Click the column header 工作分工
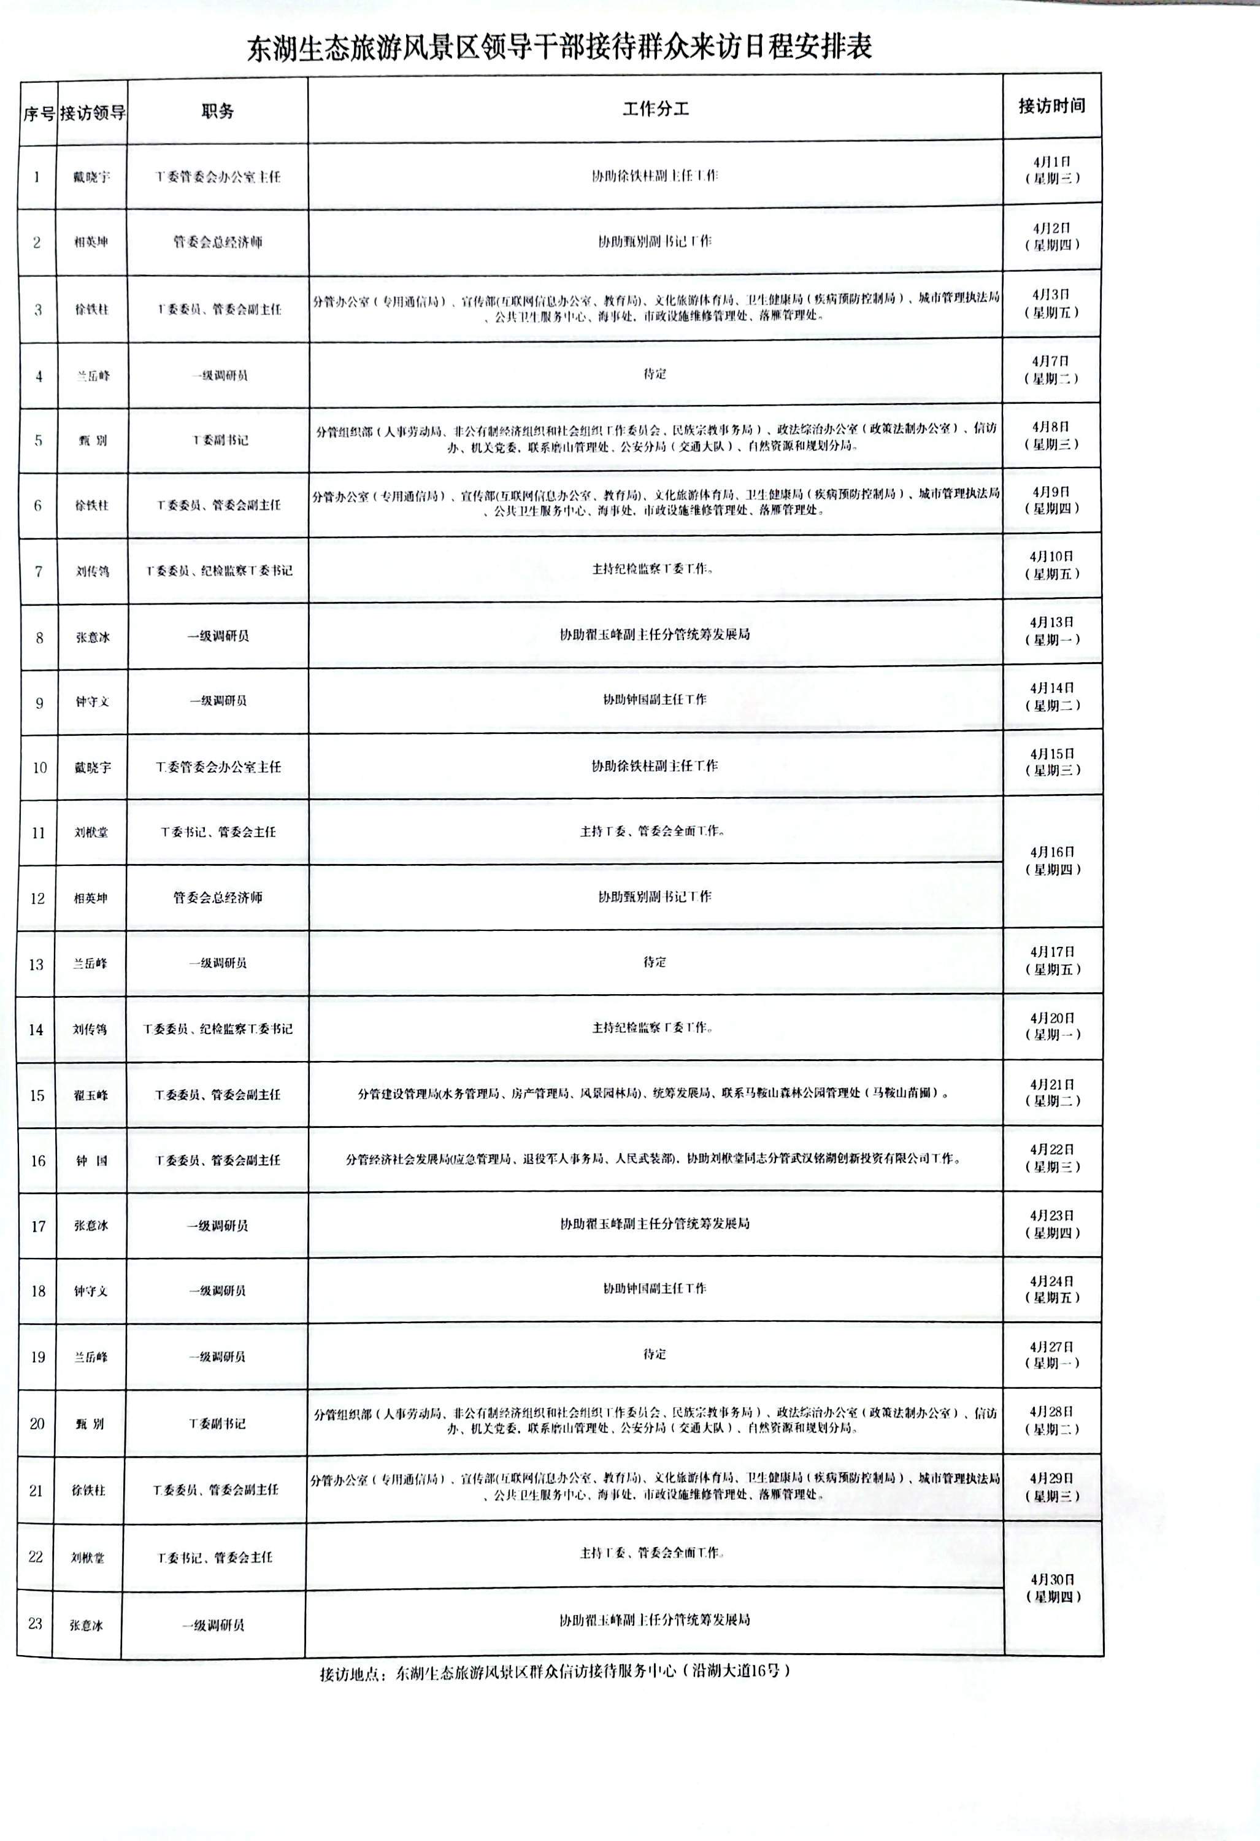(x=655, y=109)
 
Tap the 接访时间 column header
(x=1051, y=106)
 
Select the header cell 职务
(x=217, y=112)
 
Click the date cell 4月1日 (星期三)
(x=1051, y=169)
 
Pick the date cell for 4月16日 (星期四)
(x=1051, y=860)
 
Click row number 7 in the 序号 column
(x=38, y=571)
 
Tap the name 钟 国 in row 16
(x=91, y=1160)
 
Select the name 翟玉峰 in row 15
(x=90, y=1095)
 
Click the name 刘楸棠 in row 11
(x=91, y=833)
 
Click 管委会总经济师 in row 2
(x=218, y=242)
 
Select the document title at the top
(x=559, y=47)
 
